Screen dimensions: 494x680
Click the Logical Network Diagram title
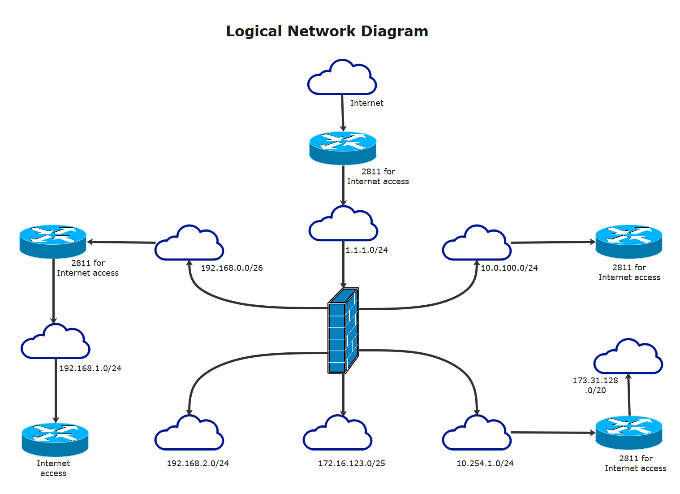[327, 31]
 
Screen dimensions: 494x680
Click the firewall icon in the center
[343, 331]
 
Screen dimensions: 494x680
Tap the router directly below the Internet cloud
[343, 147]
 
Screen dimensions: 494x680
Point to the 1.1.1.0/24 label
[366, 250]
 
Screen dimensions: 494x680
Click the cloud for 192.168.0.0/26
[189, 245]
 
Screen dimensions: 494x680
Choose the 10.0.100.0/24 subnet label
[509, 268]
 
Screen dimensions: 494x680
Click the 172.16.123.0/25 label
[352, 464]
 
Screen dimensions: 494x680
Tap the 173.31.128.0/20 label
[595, 386]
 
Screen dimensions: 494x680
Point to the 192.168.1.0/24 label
[90, 368]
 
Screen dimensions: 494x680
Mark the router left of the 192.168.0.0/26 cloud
[53, 241]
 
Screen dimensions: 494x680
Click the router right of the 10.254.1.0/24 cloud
[628, 432]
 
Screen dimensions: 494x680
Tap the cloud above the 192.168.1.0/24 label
[56, 343]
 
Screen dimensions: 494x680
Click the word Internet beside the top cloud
[366, 103]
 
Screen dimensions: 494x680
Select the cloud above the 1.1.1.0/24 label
[344, 225]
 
